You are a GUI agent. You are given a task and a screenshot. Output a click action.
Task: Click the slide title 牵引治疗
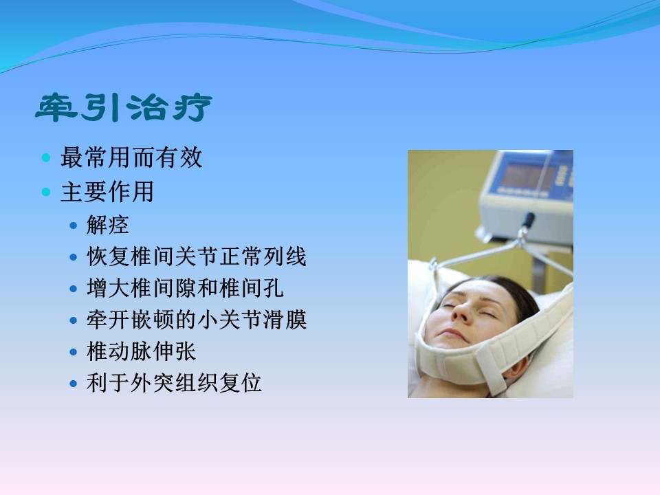click(124, 108)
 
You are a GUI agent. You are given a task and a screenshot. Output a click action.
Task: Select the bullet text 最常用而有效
click(131, 157)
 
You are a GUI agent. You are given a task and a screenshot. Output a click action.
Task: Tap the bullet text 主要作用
click(107, 192)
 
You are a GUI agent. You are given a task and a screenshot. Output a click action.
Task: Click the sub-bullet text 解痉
click(108, 225)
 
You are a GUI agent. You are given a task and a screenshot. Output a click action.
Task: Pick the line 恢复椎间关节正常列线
click(197, 256)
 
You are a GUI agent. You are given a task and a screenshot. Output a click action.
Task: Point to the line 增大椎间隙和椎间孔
click(185, 288)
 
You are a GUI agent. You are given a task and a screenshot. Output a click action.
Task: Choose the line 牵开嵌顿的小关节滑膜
click(197, 320)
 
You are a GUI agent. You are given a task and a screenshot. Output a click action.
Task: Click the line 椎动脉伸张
click(141, 351)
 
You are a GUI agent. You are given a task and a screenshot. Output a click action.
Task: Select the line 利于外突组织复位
click(174, 383)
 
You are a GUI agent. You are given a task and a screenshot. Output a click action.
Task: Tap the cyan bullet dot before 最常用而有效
click(46, 158)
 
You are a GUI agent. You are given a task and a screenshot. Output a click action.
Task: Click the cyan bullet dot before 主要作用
click(46, 192)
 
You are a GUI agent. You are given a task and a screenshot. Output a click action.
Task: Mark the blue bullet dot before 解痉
click(74, 225)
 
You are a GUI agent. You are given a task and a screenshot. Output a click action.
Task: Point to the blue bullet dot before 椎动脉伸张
click(74, 352)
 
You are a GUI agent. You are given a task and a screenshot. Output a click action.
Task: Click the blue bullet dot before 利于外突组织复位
click(74, 384)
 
